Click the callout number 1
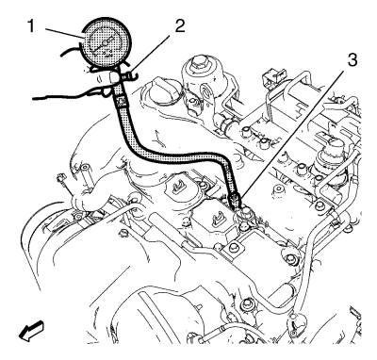(31, 25)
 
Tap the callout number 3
(352, 59)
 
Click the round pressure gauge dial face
(106, 43)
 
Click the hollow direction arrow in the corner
(31, 331)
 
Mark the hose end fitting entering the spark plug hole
(234, 201)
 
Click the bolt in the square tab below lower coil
(233, 248)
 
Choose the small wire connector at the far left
(59, 179)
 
